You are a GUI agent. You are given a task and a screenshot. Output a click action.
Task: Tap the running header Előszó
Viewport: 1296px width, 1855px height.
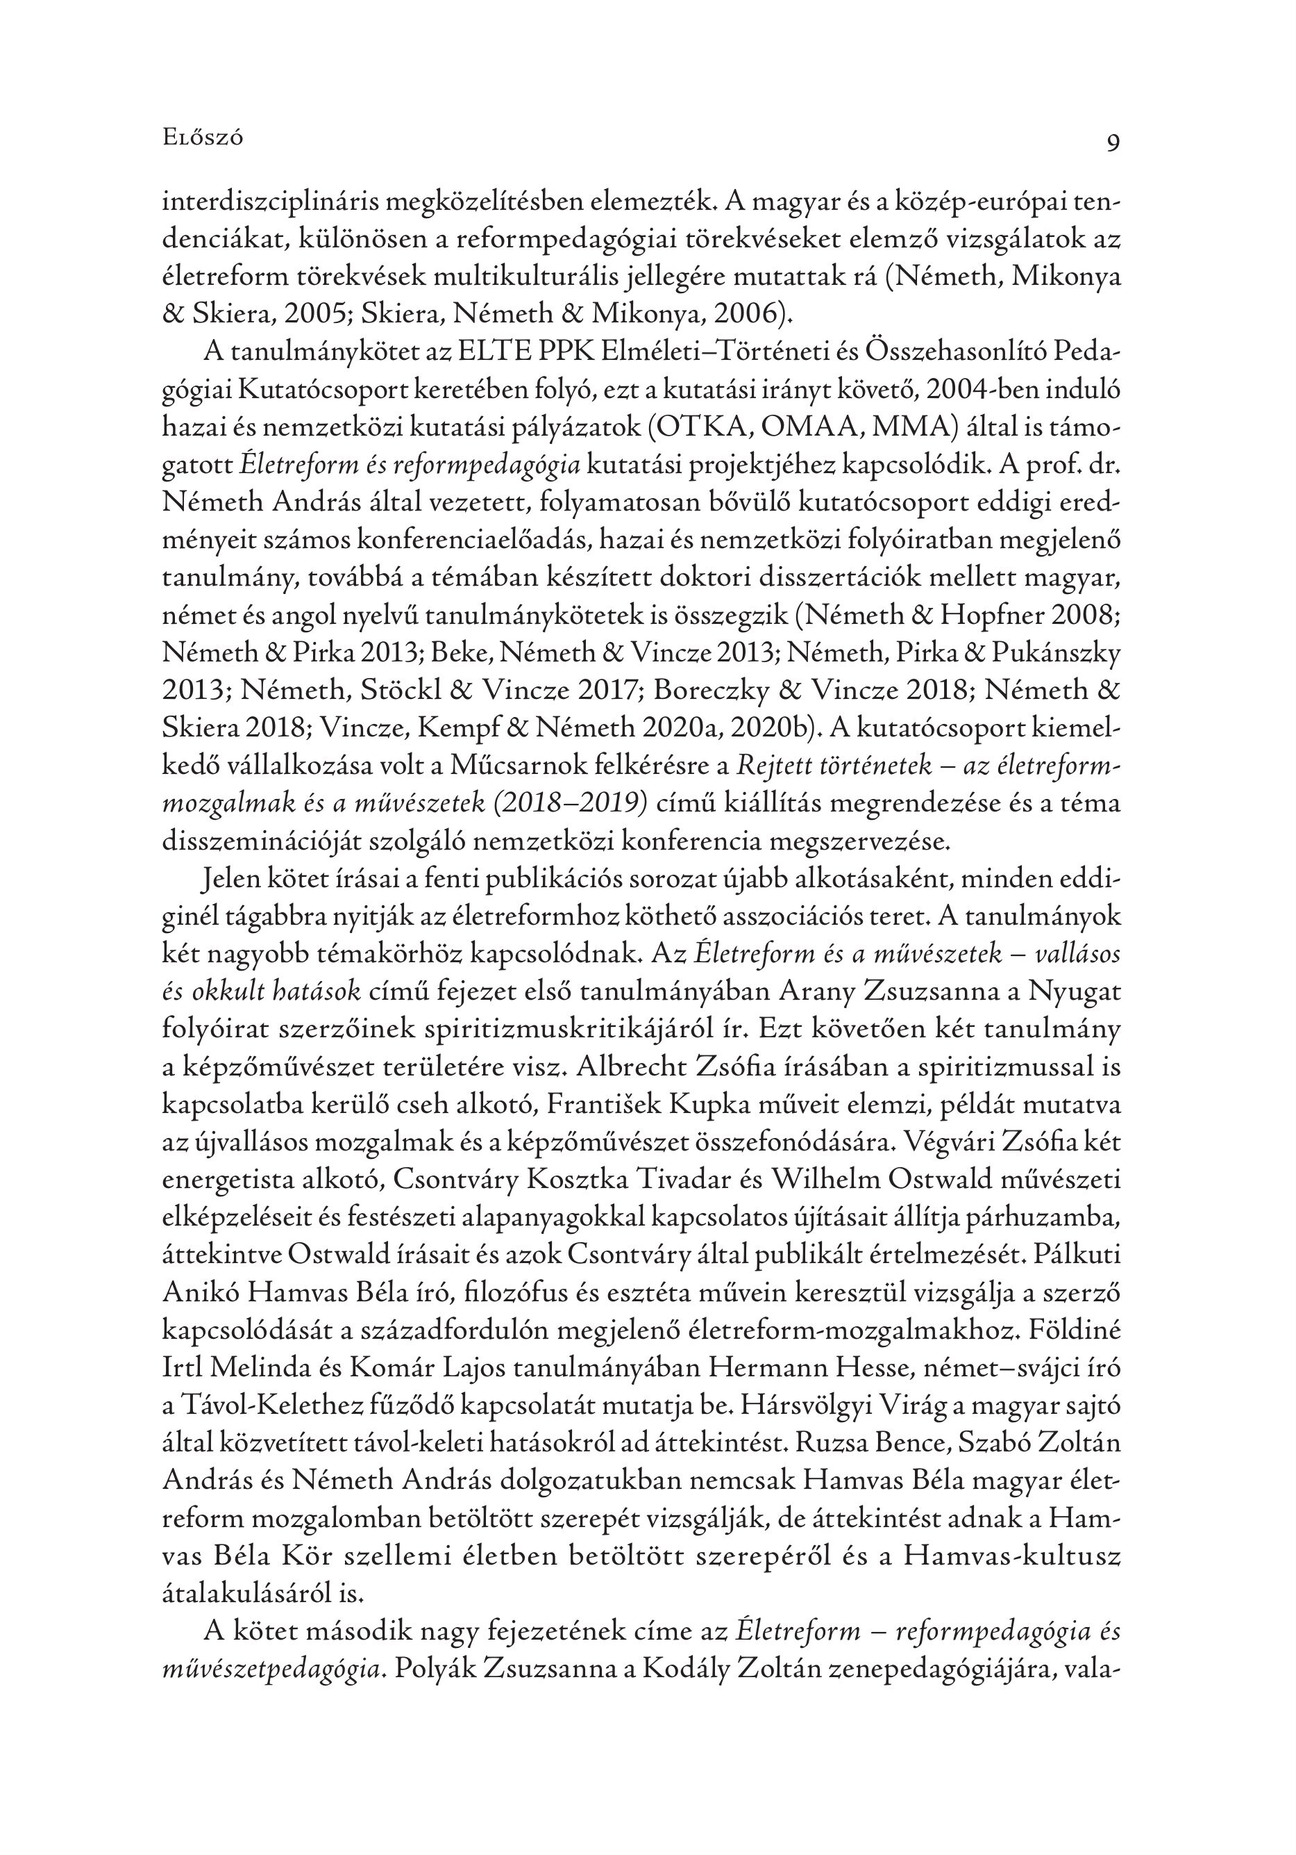203,138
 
